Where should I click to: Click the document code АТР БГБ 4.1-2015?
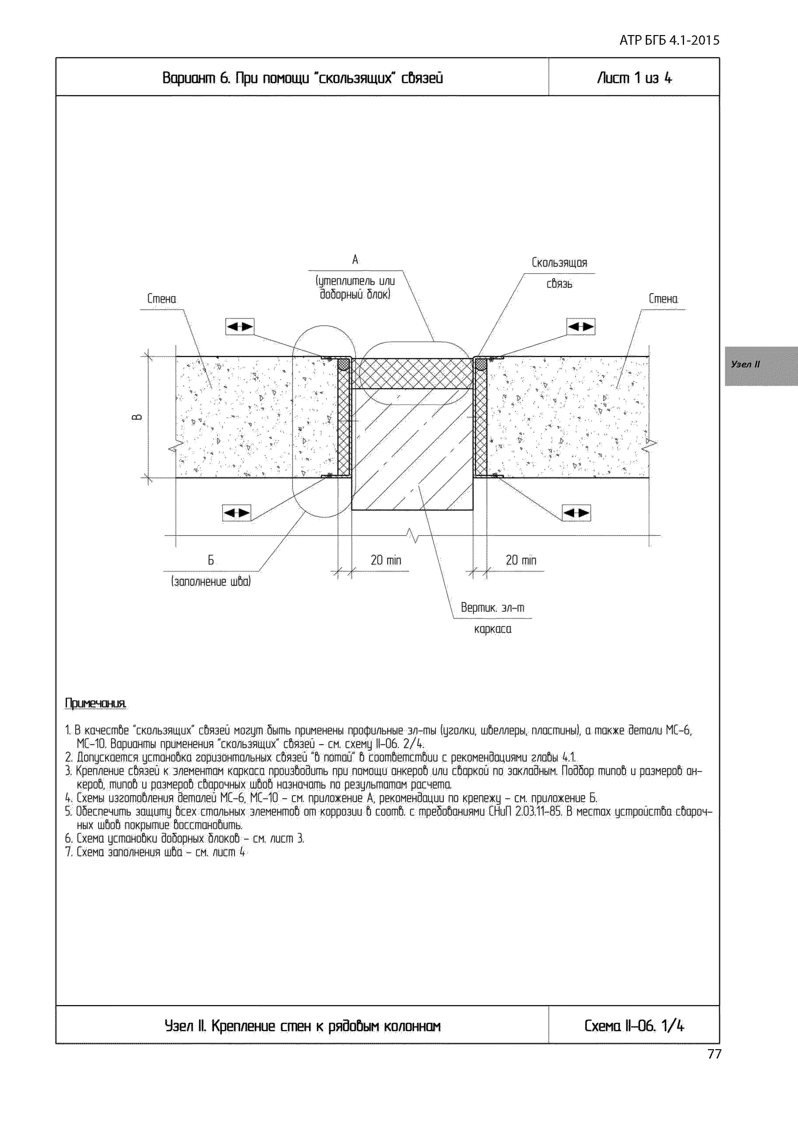click(x=669, y=40)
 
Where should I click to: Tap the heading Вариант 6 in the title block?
click(x=302, y=78)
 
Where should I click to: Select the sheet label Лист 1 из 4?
click(x=634, y=78)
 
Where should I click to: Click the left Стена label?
click(x=161, y=298)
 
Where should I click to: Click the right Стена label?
click(x=663, y=298)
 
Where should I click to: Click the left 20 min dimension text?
click(x=386, y=560)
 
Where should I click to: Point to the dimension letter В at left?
click(x=138, y=417)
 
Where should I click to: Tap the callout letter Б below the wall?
click(x=210, y=560)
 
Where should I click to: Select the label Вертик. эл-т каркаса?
click(x=493, y=618)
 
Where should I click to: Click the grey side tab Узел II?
click(x=746, y=364)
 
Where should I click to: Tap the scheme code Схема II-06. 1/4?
click(x=634, y=1026)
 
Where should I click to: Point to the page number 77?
click(x=714, y=1054)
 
